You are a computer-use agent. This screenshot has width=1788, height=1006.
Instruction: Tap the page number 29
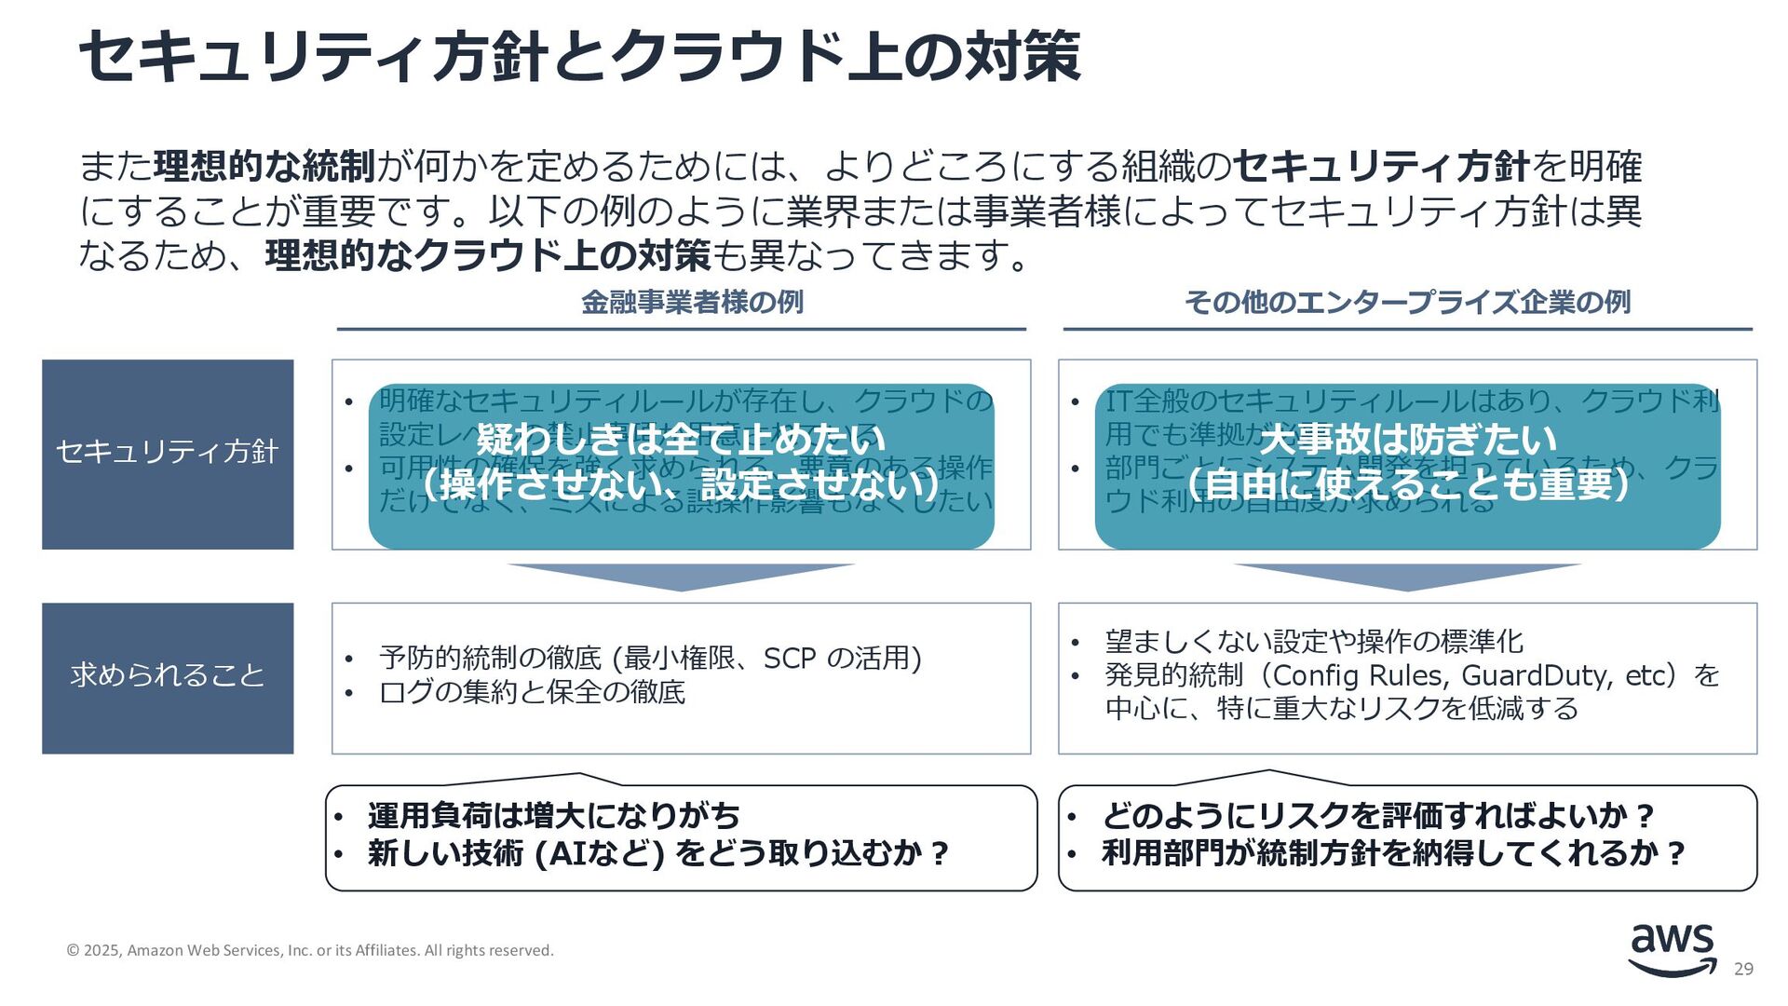(1743, 970)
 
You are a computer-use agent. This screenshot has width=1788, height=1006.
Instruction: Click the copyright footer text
(310, 950)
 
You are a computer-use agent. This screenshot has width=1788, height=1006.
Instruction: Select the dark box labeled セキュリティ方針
(168, 454)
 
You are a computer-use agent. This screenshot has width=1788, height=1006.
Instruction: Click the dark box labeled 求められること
(168, 677)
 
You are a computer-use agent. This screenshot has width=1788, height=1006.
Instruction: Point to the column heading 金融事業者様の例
(692, 303)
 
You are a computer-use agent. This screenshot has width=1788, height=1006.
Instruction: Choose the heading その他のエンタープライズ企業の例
(1407, 303)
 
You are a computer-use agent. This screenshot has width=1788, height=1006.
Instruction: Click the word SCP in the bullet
(789, 659)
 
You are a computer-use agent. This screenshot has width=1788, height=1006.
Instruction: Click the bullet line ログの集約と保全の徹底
(532, 693)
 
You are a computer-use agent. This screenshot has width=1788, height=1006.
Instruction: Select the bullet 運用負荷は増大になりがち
(553, 816)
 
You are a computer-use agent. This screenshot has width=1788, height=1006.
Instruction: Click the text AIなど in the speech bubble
(605, 853)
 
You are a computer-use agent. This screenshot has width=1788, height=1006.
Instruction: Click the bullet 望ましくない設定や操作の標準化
(1314, 642)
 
